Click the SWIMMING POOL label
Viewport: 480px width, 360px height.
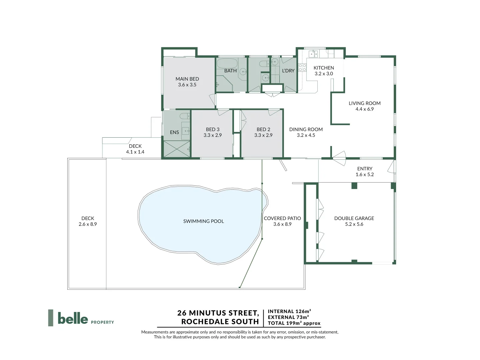pos(203,221)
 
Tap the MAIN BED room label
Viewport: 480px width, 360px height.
pos(187,79)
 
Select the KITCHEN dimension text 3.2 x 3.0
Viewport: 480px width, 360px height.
pos(324,74)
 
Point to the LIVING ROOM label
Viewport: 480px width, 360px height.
pos(364,103)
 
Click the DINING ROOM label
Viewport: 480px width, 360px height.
pos(306,129)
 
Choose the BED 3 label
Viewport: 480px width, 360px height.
pos(213,129)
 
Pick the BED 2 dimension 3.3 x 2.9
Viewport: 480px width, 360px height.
pos(263,135)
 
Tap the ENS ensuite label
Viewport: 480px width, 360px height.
pos(174,132)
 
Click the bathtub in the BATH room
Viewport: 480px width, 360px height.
pos(227,63)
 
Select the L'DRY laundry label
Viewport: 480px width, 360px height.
pos(288,71)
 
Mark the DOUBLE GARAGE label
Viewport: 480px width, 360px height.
pos(354,218)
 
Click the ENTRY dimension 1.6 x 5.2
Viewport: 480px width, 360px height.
pos(365,175)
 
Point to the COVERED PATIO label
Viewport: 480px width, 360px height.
pos(282,218)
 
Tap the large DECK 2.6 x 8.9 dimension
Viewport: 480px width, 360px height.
pos(88,224)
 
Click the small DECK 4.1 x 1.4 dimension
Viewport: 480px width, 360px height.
pos(135,152)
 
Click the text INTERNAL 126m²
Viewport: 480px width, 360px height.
pos(289,311)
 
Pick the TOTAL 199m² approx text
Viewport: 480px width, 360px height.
pos(294,323)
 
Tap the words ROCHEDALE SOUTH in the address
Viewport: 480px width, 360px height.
pos(220,322)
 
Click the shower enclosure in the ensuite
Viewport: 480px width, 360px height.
pos(176,149)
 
